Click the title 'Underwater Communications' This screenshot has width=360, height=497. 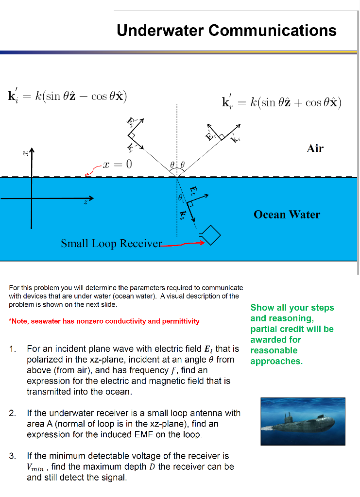226,31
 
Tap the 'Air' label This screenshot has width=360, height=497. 315,148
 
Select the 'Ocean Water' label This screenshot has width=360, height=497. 287,215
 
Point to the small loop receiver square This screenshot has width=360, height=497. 211,236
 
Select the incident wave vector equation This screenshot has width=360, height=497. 68,95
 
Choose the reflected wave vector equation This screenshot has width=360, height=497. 281,102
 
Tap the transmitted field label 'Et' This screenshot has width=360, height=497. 193,190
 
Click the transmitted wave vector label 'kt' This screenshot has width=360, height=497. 183,214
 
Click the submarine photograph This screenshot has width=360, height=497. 303,421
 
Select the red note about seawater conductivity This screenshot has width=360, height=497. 104,321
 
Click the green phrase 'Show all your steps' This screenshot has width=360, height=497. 292,308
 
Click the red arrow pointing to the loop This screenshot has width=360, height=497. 182,244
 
